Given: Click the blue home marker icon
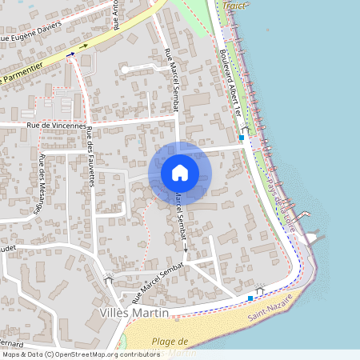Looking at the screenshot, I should (180, 172).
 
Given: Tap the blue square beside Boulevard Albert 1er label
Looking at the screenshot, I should (242, 138).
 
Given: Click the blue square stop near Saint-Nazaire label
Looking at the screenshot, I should (250, 298).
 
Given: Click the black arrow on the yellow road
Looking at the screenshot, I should (82, 48).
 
